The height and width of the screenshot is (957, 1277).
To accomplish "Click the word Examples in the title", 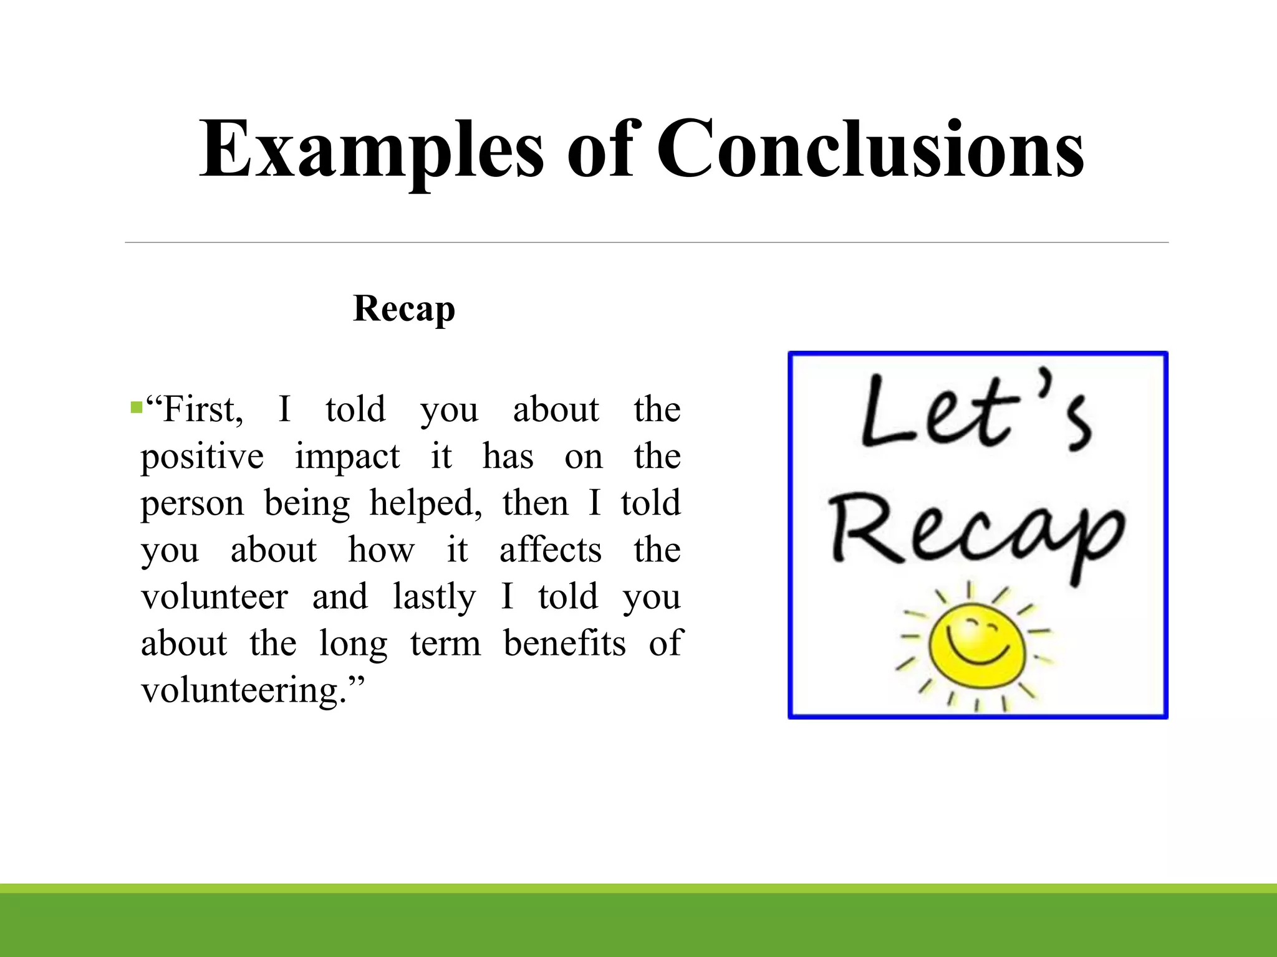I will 372,150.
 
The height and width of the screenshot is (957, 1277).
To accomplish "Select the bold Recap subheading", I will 404,308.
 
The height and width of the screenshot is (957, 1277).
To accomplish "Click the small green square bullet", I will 136,409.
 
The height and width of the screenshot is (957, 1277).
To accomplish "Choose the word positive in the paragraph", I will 202,457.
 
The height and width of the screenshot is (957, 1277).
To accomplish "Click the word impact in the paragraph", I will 347,457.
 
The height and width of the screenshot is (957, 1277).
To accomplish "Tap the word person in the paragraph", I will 192,503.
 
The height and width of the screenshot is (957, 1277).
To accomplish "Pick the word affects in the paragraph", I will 551,550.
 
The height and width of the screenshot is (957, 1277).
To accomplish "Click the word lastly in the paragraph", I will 434,597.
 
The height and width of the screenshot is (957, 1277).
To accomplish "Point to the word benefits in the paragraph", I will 564,644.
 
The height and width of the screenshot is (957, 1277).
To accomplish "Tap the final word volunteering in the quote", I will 243,690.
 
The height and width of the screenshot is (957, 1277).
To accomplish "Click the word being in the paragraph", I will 307,503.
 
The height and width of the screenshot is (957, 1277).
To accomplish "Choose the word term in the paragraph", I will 445,644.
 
